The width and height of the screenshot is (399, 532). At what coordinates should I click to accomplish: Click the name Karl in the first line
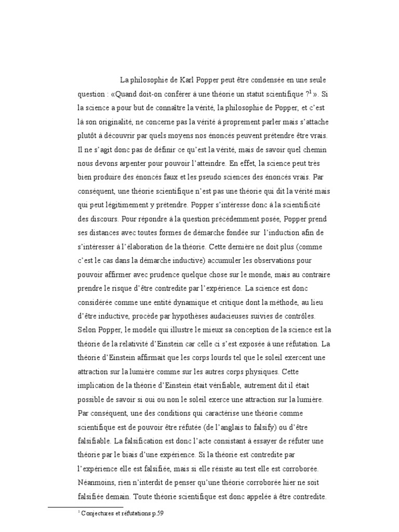188,81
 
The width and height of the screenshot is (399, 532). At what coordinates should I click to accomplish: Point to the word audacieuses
238,316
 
